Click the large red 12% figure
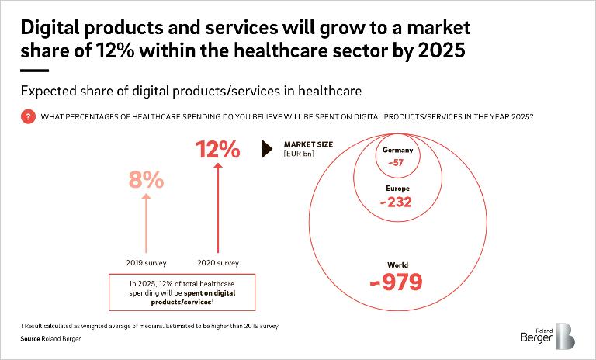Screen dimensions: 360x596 (x=218, y=148)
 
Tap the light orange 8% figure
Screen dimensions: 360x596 (x=146, y=180)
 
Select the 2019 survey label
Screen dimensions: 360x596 (x=146, y=263)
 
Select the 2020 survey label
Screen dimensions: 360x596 (x=218, y=263)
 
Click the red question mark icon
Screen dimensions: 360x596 (x=29, y=116)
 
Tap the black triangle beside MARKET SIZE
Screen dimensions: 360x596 (x=268, y=148)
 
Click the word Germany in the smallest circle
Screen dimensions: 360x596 (x=397, y=151)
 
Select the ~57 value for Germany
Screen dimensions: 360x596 (x=397, y=164)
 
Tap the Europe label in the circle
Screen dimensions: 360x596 (x=397, y=189)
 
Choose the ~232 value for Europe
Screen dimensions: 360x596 (x=397, y=202)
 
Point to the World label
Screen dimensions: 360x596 (x=397, y=265)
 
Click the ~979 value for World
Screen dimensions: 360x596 (x=397, y=282)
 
